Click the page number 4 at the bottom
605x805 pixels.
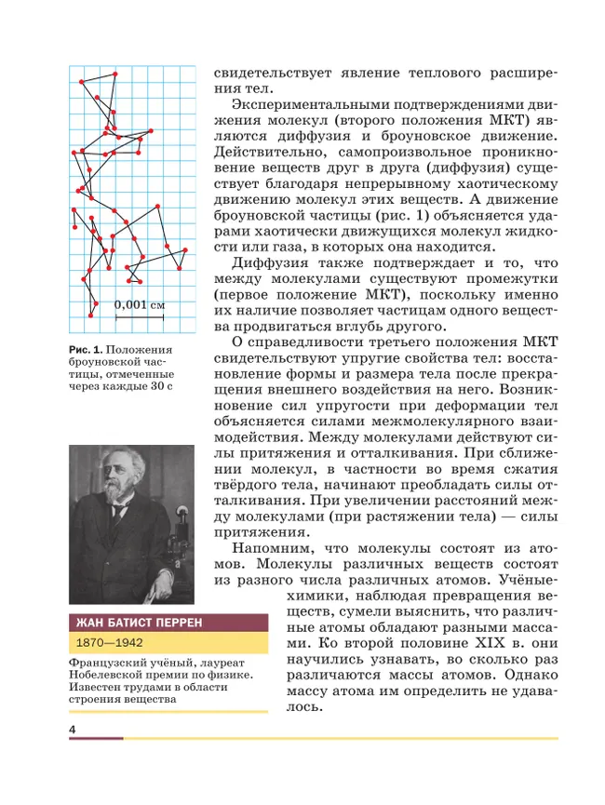pyautogui.click(x=72, y=727)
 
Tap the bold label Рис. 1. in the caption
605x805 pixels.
pyautogui.click(x=86, y=349)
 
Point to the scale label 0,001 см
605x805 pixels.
pyautogui.click(x=140, y=304)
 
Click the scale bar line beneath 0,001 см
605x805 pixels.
pyautogui.click(x=140, y=317)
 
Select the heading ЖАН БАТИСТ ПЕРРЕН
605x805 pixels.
pyautogui.click(x=136, y=622)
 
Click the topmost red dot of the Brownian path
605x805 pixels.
pyautogui.click(x=114, y=74)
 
